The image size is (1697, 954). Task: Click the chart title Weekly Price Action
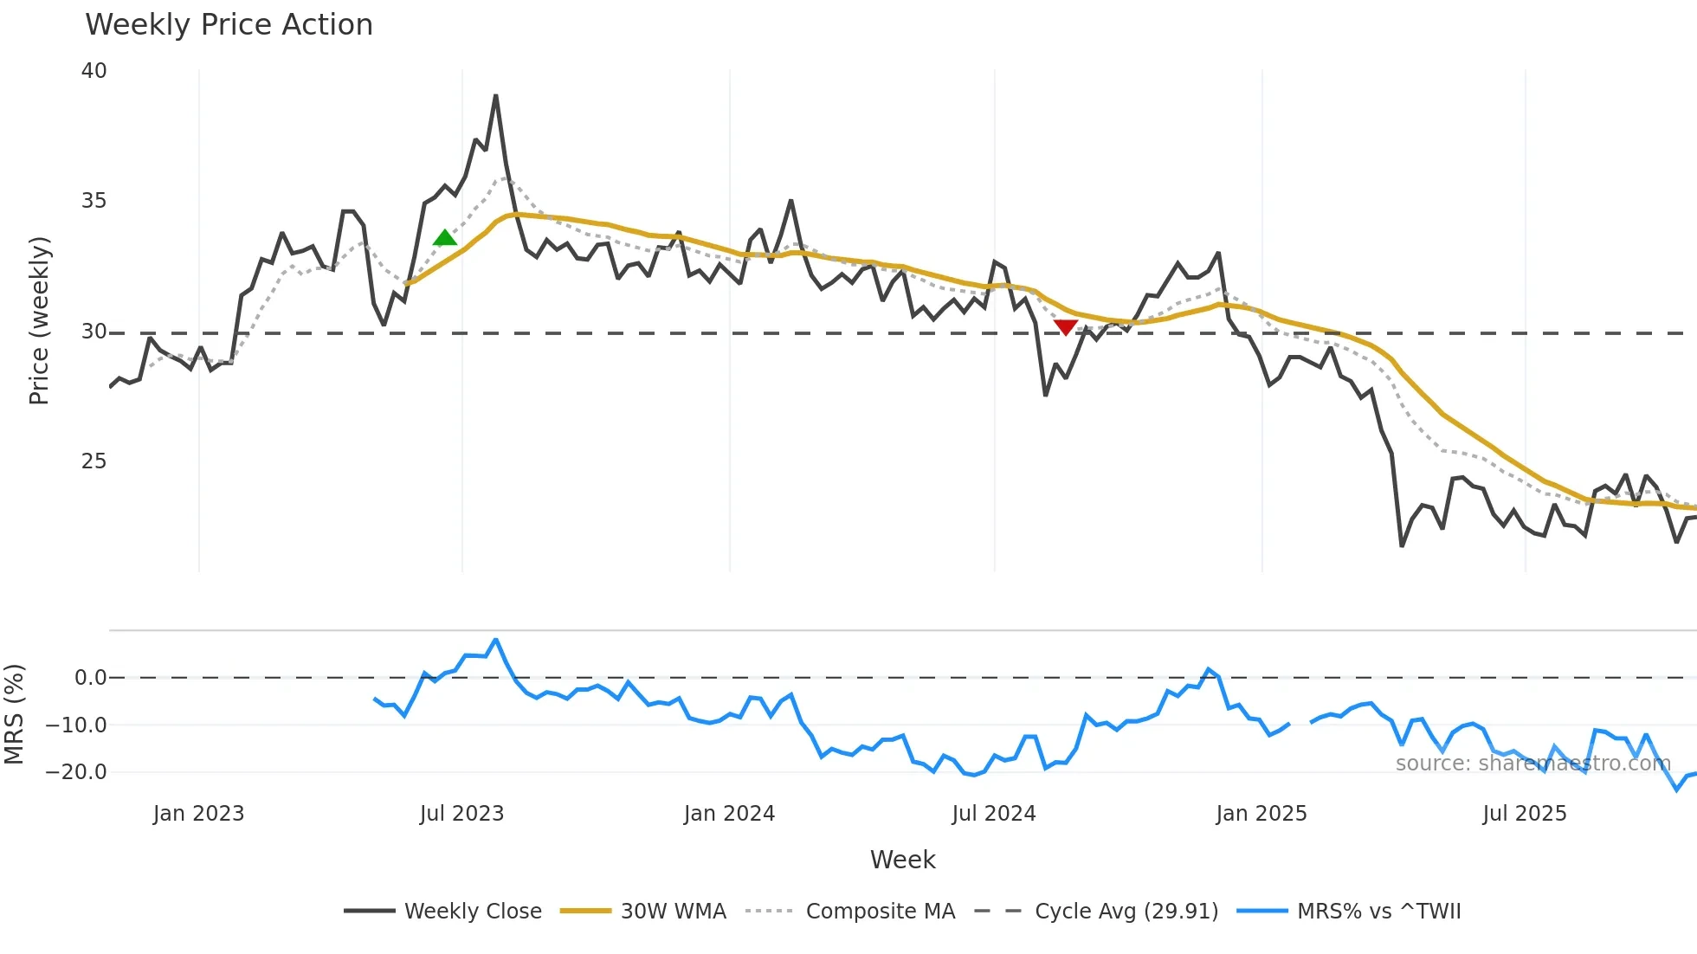coord(229,25)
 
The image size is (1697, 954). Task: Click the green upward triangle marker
coord(445,238)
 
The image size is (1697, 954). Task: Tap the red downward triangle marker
coord(1066,327)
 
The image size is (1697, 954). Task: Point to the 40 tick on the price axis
coord(94,71)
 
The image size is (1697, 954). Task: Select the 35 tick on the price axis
coord(94,201)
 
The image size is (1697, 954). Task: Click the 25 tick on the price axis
coord(94,461)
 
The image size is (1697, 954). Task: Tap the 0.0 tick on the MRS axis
coord(90,678)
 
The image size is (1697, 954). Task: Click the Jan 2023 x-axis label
coord(198,814)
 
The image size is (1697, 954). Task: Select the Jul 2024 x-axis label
coord(993,814)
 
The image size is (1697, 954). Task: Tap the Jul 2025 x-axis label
coord(1524,814)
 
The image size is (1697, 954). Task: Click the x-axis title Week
coord(902,860)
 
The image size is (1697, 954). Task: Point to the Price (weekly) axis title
coord(39,320)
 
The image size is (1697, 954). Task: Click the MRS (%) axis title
coord(14,714)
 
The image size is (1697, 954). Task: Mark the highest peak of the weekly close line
coord(495,96)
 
